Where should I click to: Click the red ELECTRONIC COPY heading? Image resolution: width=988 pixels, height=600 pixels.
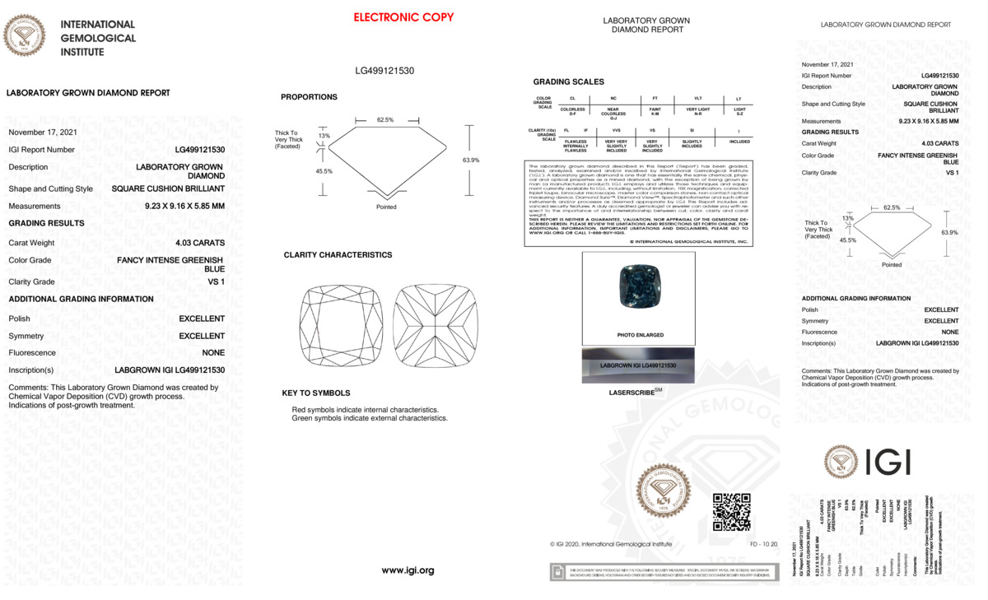pyautogui.click(x=403, y=17)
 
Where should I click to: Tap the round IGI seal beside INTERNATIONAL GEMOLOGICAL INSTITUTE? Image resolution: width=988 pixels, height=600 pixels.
pyautogui.click(x=25, y=36)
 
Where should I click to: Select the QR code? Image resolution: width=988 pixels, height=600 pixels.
pyautogui.click(x=731, y=512)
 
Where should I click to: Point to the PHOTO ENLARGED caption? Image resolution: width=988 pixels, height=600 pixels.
pyautogui.click(x=640, y=336)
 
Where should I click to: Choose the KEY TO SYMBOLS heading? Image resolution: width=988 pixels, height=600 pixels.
pyautogui.click(x=315, y=393)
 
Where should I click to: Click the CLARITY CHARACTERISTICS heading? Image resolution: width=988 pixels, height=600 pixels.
pyautogui.click(x=338, y=255)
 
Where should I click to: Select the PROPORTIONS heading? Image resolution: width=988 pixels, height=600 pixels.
pyautogui.click(x=309, y=97)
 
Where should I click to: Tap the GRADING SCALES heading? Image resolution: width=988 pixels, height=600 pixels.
pyautogui.click(x=568, y=82)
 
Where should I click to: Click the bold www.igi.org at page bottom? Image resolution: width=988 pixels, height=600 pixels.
pyautogui.click(x=408, y=570)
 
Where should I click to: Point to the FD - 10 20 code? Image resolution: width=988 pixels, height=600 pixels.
pyautogui.click(x=763, y=544)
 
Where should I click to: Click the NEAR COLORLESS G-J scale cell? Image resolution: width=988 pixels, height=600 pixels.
pyautogui.click(x=613, y=112)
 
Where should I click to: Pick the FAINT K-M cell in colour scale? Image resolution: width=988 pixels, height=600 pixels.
pyautogui.click(x=655, y=110)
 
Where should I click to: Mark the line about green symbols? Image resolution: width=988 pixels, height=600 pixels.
pyautogui.click(x=370, y=418)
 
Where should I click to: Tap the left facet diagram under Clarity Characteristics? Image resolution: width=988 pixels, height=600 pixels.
pyautogui.click(x=342, y=326)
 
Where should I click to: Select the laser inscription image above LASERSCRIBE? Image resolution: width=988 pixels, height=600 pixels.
pyautogui.click(x=638, y=365)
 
